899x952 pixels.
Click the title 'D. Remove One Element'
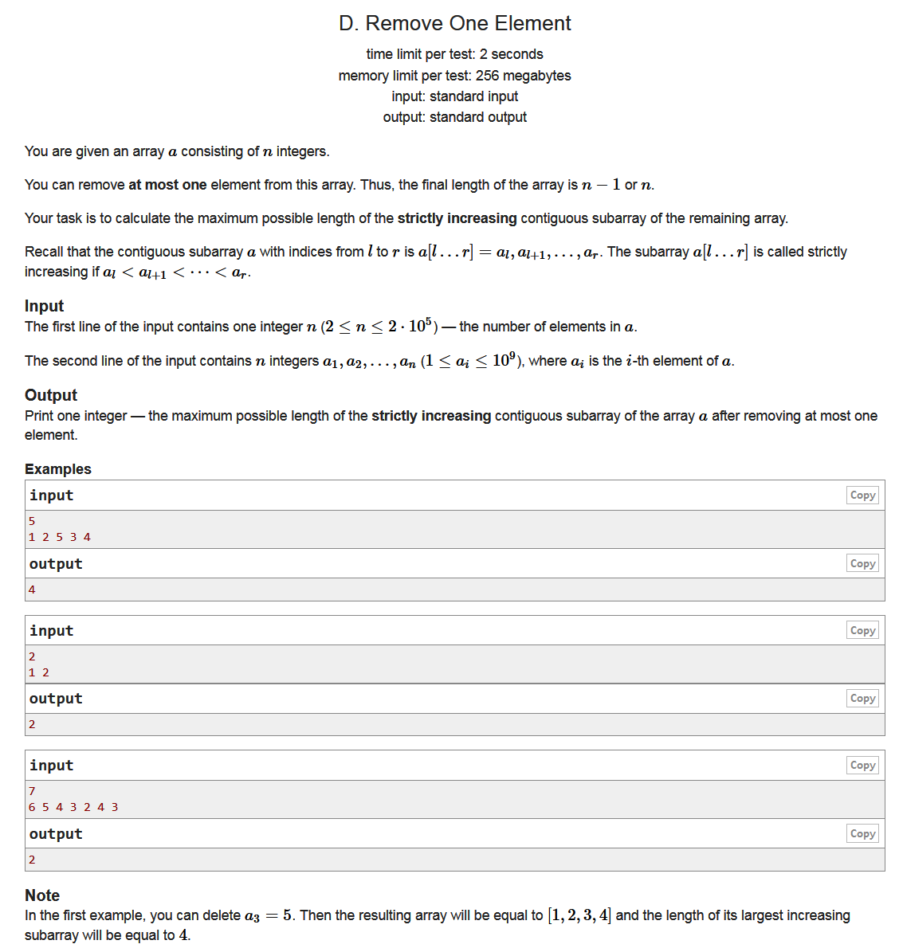[x=454, y=23]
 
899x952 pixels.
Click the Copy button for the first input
[x=862, y=496]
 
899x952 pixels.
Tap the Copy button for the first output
[x=862, y=564]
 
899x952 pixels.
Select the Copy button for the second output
[x=862, y=699]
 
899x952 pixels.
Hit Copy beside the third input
[x=862, y=766]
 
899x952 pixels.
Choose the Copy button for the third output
[x=862, y=834]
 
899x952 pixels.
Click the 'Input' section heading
[x=44, y=306]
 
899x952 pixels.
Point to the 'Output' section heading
[x=51, y=395]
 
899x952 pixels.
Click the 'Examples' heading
[x=58, y=469]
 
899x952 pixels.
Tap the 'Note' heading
[x=42, y=895]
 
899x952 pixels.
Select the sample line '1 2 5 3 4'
[x=60, y=537]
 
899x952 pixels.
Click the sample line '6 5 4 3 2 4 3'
[x=73, y=807]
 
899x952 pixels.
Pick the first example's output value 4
[x=32, y=590]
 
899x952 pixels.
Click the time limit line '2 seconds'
[x=454, y=54]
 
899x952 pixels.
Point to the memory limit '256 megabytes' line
[x=454, y=76]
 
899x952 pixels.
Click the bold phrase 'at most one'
[x=167, y=185]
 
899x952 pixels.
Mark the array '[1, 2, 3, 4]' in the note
[x=579, y=915]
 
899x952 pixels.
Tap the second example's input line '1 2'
[x=39, y=672]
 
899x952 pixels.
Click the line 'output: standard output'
[x=454, y=117]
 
